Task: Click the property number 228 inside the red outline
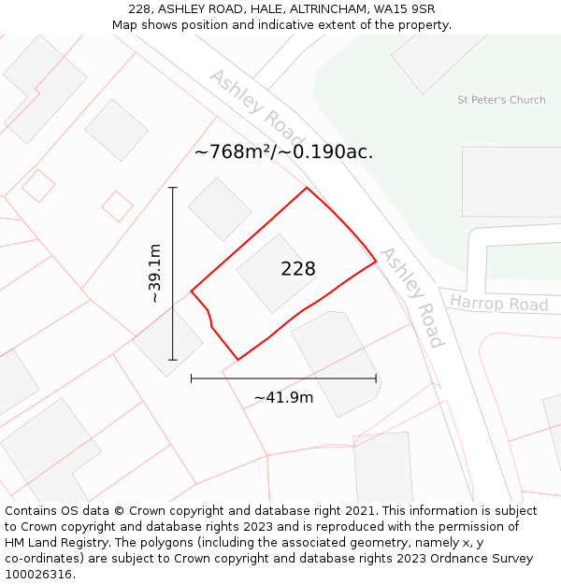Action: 297,269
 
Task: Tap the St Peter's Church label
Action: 501,100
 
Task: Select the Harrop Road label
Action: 498,305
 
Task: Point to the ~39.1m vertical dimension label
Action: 154,273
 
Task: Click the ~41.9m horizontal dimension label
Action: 283,398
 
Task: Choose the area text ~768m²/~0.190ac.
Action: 283,151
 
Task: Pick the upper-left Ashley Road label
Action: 244,100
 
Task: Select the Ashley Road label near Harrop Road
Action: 411,296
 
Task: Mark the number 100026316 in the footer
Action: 40,575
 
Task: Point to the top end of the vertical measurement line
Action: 173,188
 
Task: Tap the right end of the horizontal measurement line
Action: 376,378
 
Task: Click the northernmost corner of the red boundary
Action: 307,188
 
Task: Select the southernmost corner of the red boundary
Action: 237,360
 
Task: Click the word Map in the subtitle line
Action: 125,25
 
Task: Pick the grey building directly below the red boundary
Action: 335,360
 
